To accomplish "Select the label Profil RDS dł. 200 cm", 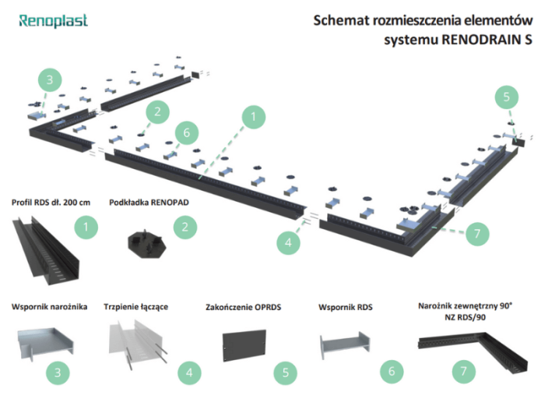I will coord(51,203).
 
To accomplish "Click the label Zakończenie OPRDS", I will coord(242,307).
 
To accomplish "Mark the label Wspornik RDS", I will coord(346,307).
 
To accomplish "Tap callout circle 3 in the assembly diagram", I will coord(50,79).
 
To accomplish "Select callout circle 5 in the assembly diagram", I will coord(506,97).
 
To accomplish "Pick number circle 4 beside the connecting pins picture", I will coord(188,373).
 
